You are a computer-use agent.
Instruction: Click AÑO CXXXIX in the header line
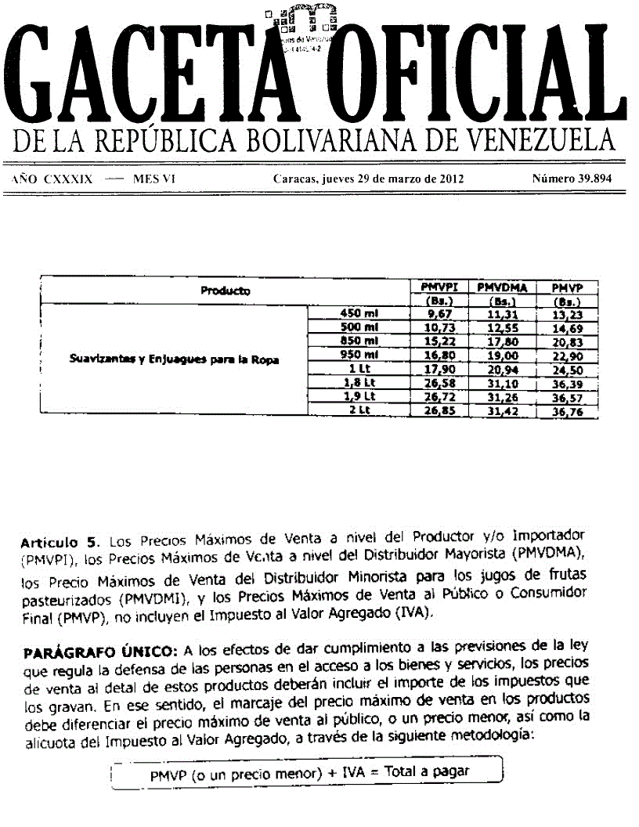[52, 179]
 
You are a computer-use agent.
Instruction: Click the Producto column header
[226, 291]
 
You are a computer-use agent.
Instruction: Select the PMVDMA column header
[502, 287]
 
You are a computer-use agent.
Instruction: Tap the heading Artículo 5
[60, 541]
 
